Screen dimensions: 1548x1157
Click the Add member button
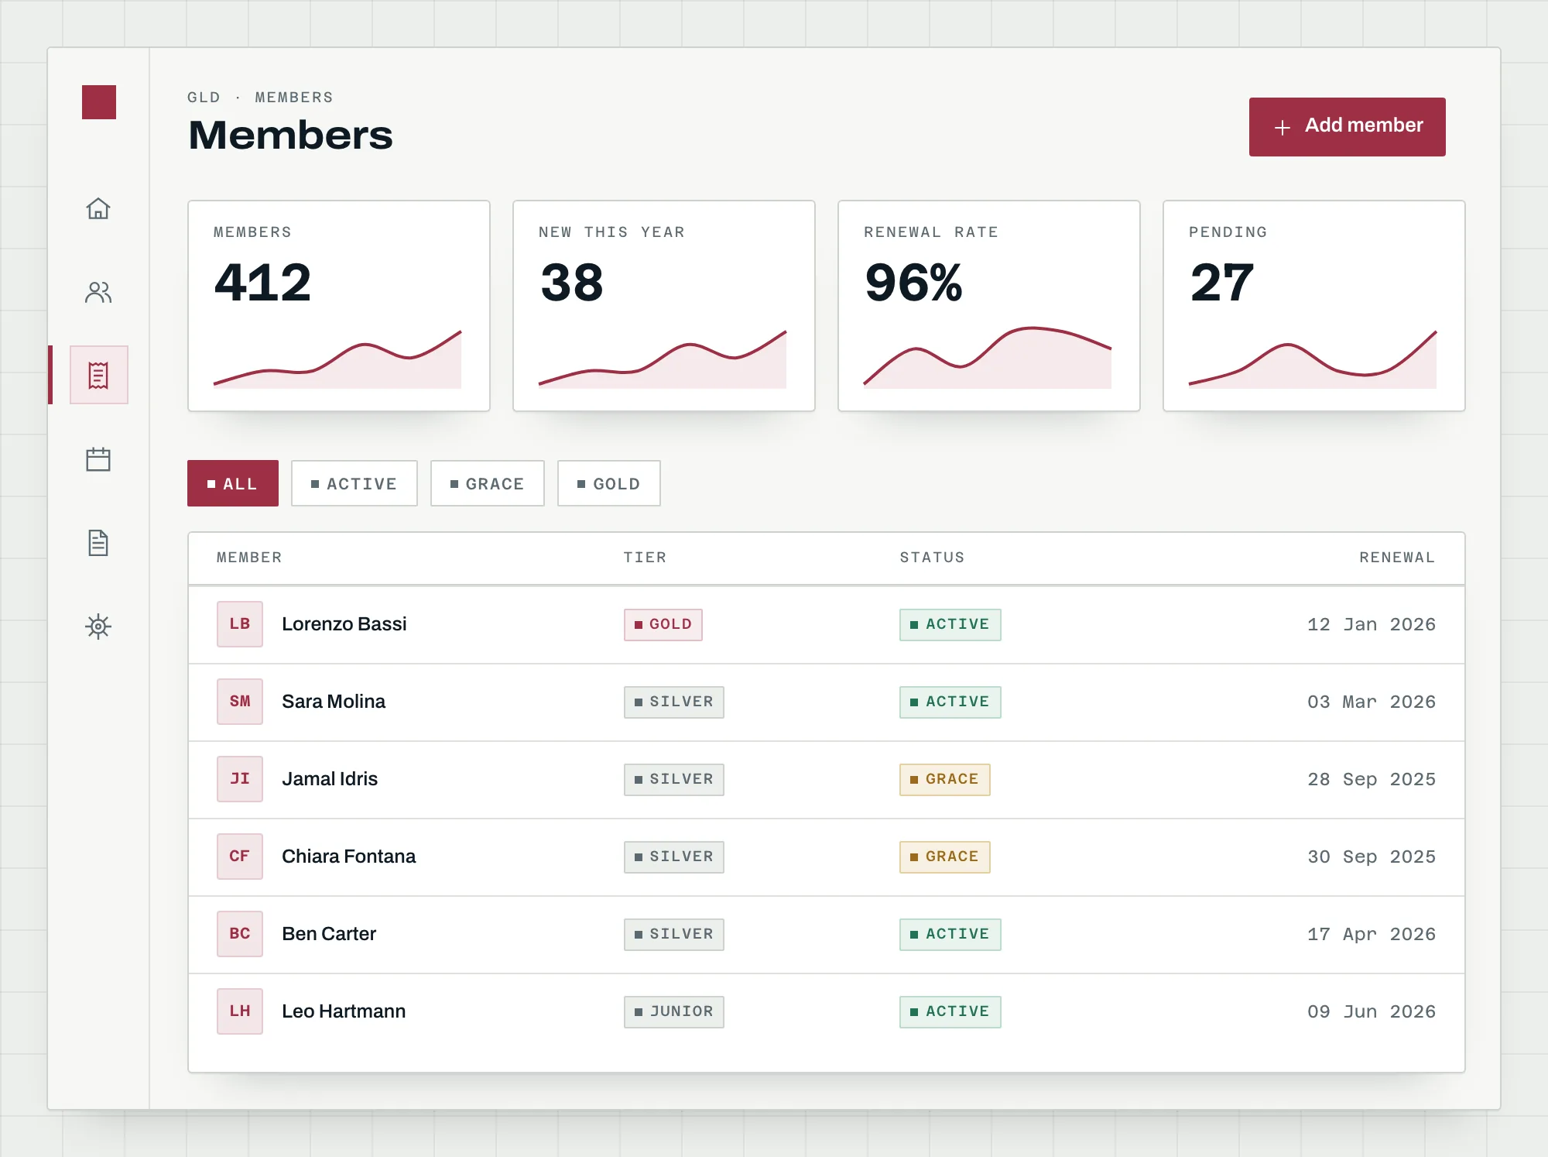[x=1347, y=126]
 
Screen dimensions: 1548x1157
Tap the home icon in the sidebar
[x=98, y=208]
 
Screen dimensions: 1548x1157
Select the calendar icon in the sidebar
[x=98, y=459]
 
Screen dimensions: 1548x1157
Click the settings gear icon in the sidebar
[x=98, y=626]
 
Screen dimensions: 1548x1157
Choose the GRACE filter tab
[x=488, y=483]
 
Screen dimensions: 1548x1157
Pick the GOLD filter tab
[x=609, y=483]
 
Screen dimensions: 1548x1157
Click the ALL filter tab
[x=233, y=483]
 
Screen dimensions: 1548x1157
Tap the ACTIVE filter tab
[x=354, y=483]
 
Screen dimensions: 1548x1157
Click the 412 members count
[x=263, y=282]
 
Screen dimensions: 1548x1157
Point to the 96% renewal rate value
[x=914, y=282]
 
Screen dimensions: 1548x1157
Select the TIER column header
[x=645, y=558]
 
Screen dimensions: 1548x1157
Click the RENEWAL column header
[x=1397, y=558]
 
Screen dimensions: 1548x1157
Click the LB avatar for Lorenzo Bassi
[x=240, y=624]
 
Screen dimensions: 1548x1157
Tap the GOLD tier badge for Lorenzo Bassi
[x=663, y=624]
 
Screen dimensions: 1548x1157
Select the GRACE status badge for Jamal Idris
[x=945, y=779]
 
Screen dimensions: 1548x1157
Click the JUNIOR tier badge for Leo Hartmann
[x=674, y=1011]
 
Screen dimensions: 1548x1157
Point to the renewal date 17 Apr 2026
[x=1372, y=934]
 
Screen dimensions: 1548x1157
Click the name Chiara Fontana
[x=348, y=857]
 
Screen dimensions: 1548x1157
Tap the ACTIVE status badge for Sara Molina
[x=950, y=702]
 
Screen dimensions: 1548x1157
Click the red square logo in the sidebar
[x=99, y=102]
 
